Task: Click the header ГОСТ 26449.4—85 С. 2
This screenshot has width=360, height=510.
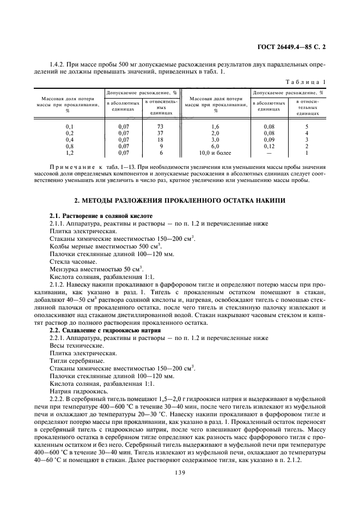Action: click(x=295, y=47)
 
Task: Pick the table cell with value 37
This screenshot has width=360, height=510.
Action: click(x=161, y=133)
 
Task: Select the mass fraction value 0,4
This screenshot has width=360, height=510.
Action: click(x=69, y=139)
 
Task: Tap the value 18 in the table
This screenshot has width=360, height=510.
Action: click(x=161, y=139)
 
